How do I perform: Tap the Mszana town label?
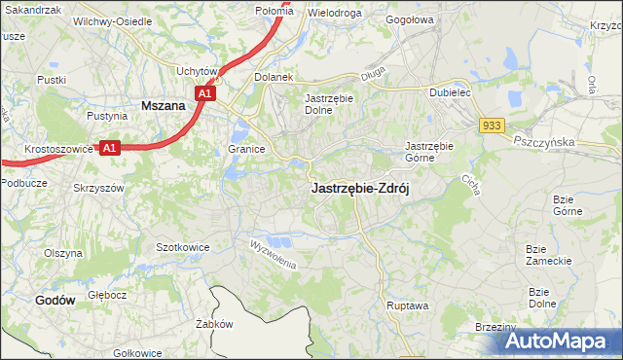(164, 104)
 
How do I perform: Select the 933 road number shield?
(492, 126)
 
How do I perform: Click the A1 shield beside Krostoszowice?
(110, 148)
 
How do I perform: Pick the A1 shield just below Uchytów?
(204, 93)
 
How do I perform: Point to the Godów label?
(55, 301)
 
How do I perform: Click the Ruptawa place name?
(407, 306)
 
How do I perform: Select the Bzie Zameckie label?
(541, 254)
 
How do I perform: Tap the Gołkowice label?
(137, 352)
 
